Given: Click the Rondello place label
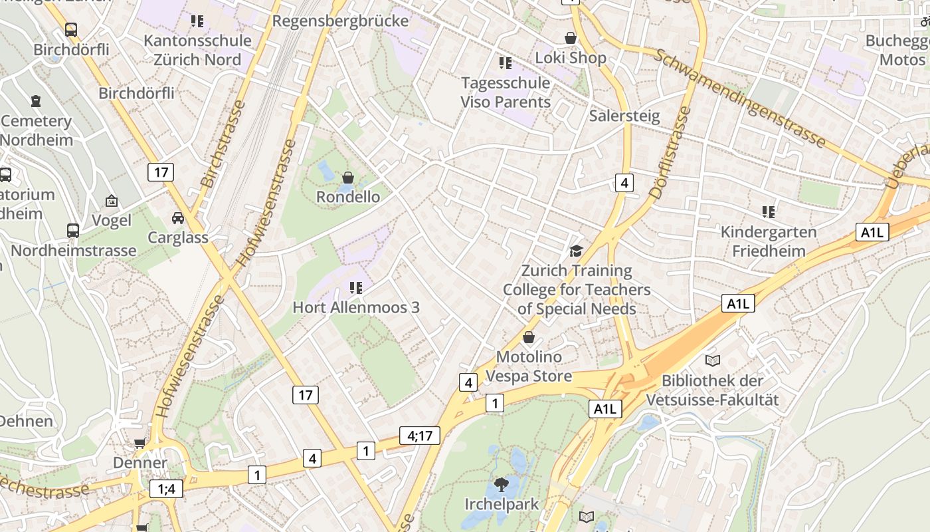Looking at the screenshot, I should (348, 197).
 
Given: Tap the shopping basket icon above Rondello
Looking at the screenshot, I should (347, 178).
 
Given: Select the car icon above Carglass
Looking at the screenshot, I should (178, 218).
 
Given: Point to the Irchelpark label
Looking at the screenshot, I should (502, 504).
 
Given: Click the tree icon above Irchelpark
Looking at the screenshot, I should (502, 484).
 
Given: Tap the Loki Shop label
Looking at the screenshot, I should (571, 58).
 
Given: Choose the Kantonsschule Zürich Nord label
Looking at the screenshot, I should (197, 50).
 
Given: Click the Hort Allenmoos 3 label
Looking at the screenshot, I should (356, 308).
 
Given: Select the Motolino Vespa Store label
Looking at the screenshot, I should (529, 366).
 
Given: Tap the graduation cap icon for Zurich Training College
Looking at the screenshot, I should (576, 251).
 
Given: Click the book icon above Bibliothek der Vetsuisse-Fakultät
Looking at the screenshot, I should (713, 360).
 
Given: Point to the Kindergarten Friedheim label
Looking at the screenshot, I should (769, 241).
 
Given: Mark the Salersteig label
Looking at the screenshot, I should (624, 116).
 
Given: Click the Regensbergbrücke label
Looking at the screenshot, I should (340, 21).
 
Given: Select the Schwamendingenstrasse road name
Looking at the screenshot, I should (740, 98).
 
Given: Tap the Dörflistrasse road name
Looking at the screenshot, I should (671, 153).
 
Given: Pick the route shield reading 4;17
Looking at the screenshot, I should (420, 436).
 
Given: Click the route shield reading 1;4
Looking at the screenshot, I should (166, 489).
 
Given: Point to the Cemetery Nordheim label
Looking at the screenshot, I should (36, 130).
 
